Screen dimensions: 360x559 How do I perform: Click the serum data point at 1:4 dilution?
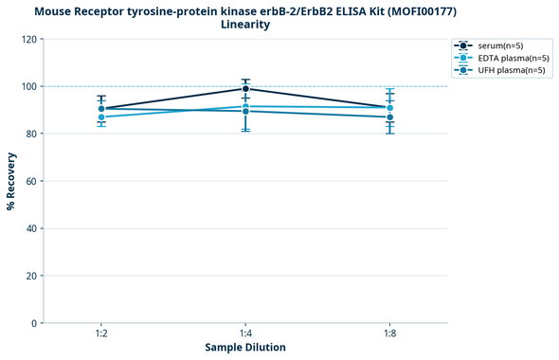coord(245,89)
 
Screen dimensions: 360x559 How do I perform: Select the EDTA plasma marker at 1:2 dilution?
coord(101,117)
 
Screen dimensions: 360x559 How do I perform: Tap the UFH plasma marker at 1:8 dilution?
coord(390,117)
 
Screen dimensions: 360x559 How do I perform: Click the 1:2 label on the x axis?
coord(101,333)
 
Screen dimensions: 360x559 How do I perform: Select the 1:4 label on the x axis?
coord(245,333)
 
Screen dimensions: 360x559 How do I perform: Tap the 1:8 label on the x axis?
coord(390,333)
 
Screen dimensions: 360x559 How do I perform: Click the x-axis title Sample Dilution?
coord(245,348)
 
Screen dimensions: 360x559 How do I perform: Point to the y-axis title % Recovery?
coord(11,181)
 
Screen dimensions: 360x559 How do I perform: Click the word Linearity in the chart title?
coord(244,25)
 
